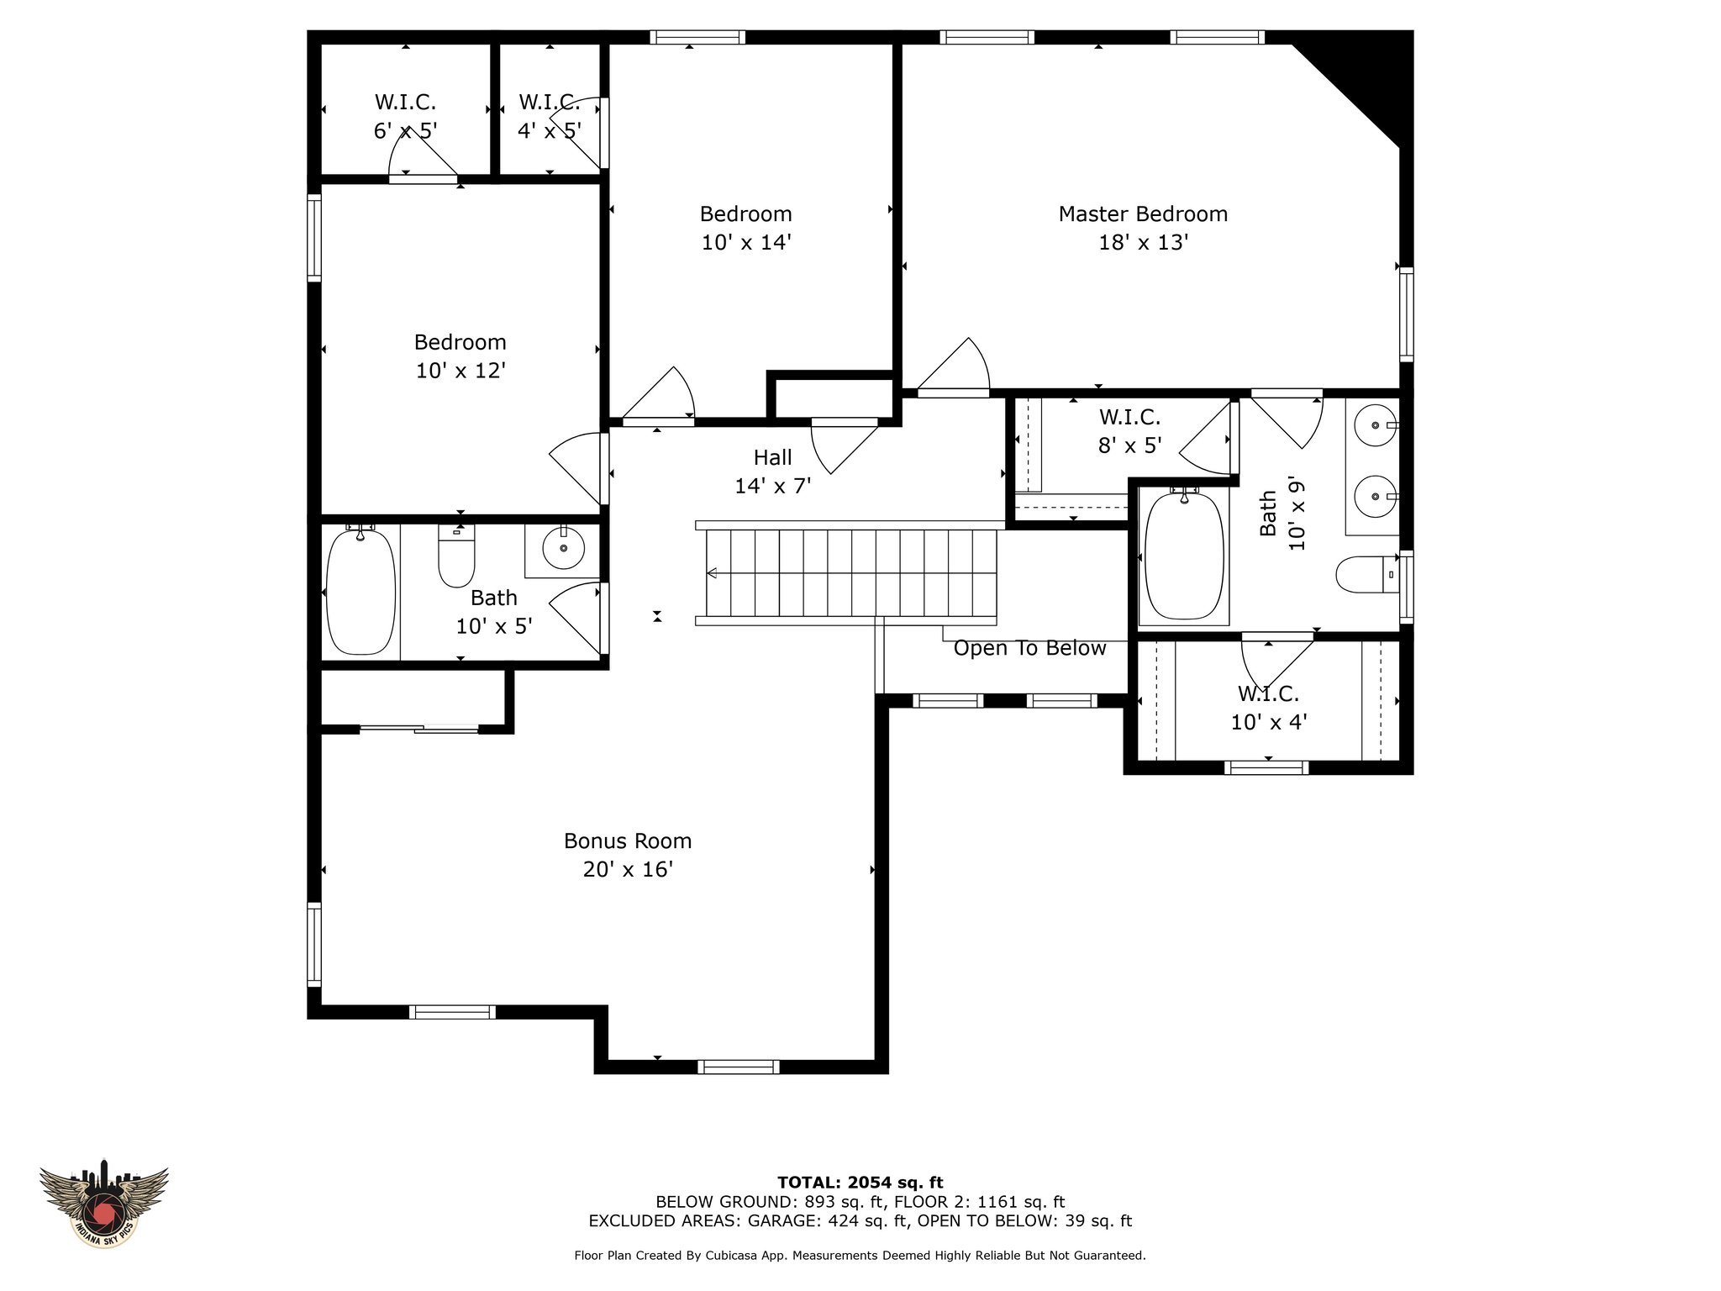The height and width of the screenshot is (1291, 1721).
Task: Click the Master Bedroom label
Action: pos(1143,213)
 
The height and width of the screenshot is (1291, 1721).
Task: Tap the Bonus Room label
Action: pos(628,840)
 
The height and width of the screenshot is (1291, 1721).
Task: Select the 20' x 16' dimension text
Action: pos(628,869)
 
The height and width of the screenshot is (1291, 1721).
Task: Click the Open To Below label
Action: pos(1029,648)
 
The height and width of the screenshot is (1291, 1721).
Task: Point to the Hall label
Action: pos(772,457)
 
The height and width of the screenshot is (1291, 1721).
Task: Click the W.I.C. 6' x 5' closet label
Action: pos(405,116)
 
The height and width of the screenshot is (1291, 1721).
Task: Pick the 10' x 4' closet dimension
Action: pos(1269,722)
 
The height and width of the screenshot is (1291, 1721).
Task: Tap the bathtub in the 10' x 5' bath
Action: pos(360,591)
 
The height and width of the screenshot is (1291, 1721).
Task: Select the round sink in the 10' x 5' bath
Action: pos(563,551)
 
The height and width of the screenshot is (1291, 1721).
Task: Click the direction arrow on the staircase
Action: pos(711,573)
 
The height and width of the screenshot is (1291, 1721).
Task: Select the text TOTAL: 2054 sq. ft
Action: pos(860,1183)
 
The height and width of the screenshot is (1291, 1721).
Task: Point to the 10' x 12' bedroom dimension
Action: pos(461,371)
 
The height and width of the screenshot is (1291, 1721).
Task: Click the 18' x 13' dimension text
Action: pos(1143,242)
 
